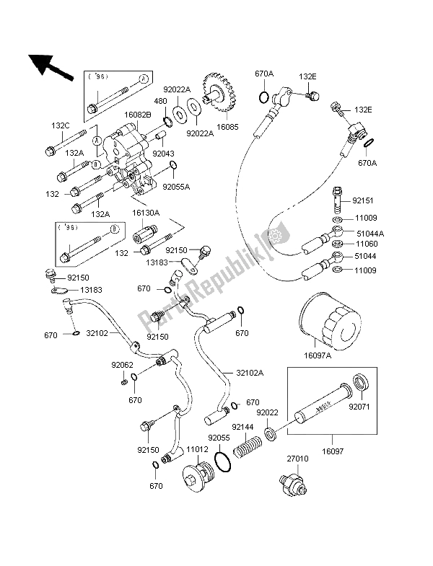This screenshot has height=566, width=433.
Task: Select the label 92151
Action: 366,200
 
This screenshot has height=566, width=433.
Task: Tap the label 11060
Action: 365,244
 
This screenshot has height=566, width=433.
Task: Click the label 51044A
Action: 369,232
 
